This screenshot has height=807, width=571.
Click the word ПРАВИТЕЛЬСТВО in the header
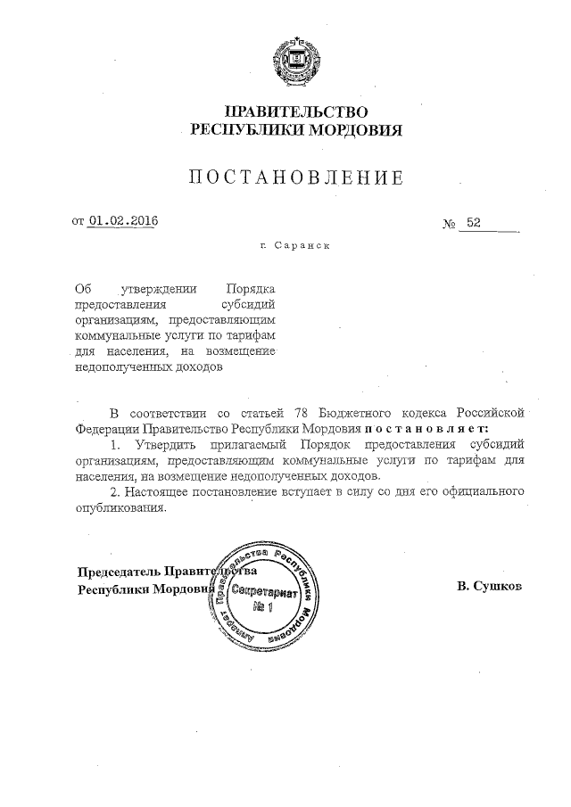[x=297, y=111]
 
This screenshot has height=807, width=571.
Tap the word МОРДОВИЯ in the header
[x=355, y=130]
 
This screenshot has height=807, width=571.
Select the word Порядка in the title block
[x=251, y=289]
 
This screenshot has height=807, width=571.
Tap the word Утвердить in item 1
[x=161, y=444]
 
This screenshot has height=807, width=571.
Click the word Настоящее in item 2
[x=160, y=490]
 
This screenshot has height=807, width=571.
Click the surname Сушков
[x=490, y=587]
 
